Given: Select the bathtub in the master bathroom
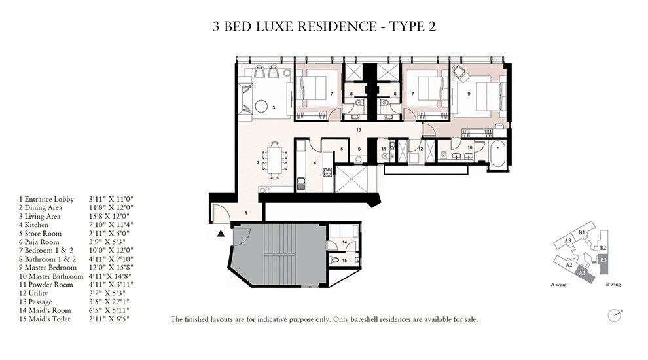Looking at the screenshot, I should tap(499, 154).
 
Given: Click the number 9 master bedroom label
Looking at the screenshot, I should tap(469, 94).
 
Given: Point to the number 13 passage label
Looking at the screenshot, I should tap(359, 130).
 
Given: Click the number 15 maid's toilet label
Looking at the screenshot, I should tap(345, 261).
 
